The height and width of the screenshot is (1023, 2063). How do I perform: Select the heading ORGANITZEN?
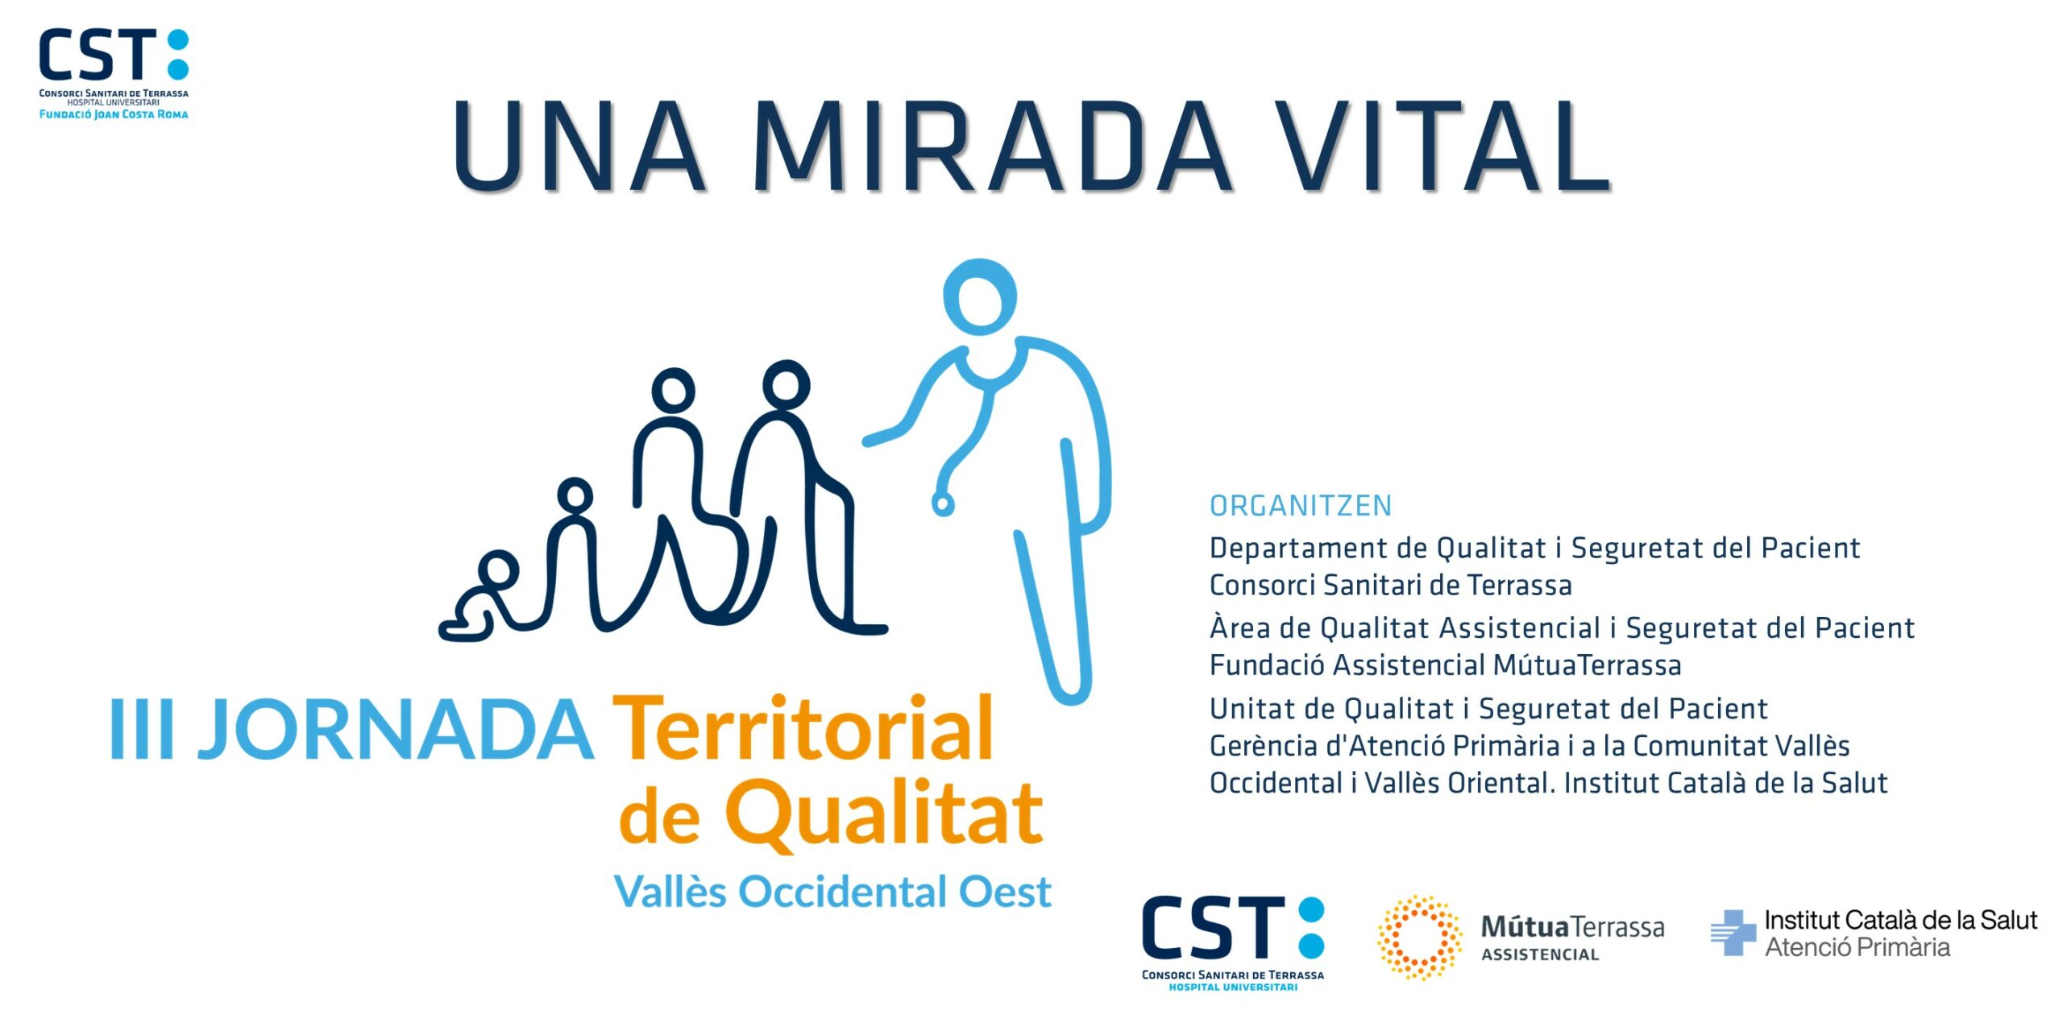click(x=1301, y=506)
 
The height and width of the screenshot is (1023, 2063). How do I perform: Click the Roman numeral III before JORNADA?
click(x=142, y=728)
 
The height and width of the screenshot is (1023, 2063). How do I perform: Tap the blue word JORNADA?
click(x=396, y=729)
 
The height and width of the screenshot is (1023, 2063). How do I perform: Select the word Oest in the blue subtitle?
click(x=1005, y=893)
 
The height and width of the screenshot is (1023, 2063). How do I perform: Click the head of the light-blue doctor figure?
click(x=980, y=296)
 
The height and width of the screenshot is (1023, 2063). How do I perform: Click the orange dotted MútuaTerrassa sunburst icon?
click(x=1420, y=938)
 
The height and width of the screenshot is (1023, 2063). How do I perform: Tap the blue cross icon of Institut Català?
click(x=1733, y=933)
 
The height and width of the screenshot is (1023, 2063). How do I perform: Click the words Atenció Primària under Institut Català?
click(x=1858, y=947)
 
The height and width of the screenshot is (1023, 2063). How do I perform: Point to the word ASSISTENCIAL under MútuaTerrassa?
click(x=1540, y=955)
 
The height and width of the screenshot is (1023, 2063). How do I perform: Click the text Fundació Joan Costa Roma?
click(x=114, y=114)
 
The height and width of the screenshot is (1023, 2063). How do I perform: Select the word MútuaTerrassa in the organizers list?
click(x=1587, y=665)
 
